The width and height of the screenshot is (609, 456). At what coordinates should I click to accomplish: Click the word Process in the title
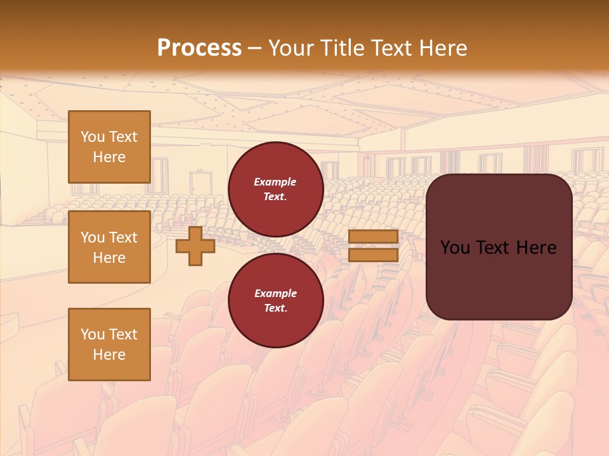pos(199,48)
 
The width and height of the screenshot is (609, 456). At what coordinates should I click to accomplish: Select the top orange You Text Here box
pos(109,147)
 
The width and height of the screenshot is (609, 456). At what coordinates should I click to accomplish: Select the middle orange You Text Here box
pos(109,247)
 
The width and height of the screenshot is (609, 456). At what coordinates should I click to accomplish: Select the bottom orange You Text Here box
pos(109,345)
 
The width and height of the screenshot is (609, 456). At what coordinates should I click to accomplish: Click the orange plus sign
pos(195,246)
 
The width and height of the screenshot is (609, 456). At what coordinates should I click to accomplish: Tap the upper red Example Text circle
pos(275,189)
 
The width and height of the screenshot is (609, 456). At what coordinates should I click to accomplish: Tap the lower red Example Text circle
pos(275,301)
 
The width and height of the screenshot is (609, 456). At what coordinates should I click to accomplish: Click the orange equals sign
pos(374,246)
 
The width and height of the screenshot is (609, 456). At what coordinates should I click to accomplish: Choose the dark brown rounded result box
pos(499,247)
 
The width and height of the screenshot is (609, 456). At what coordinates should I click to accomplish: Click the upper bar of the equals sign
pos(374,237)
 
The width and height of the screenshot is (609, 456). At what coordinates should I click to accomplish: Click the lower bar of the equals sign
pos(374,255)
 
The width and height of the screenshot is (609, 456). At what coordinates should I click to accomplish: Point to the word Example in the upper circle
pos(275,182)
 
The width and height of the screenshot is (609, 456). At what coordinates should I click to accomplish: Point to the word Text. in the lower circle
pos(275,308)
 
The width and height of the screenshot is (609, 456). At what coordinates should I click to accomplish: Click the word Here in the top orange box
pos(109,157)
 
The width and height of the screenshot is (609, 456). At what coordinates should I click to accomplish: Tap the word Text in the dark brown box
pos(499,248)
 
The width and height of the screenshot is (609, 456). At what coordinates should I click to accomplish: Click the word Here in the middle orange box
pos(109,258)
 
